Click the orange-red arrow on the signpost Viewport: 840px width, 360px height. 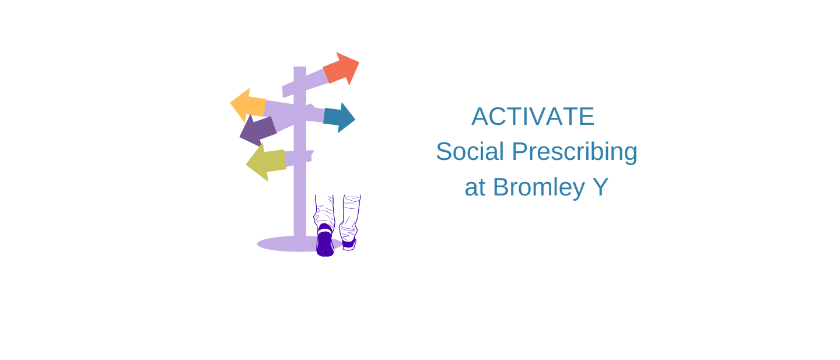(341, 69)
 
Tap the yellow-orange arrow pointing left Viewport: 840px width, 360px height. (249, 105)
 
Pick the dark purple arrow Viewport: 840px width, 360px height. (258, 131)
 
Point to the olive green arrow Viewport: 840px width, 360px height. (266, 162)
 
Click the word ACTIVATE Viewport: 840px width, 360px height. (533, 116)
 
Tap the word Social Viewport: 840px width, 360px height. (470, 151)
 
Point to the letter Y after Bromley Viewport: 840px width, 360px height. (600, 187)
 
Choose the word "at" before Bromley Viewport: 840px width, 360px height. (475, 188)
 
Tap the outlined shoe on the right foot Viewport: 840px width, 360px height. (349, 244)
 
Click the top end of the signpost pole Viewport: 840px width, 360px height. (300, 67)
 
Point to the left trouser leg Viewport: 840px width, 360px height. (324, 211)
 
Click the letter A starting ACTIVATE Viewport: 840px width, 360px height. (481, 116)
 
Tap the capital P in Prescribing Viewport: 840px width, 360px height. (520, 151)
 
